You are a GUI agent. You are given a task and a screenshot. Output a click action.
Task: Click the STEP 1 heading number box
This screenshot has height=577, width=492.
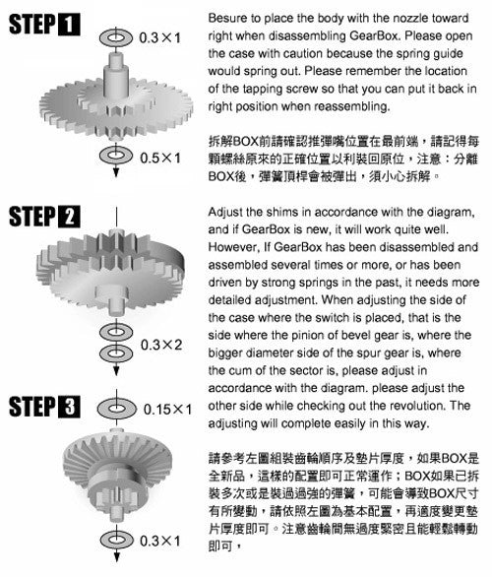[70, 25]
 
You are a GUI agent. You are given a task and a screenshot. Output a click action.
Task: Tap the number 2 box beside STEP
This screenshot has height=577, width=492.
[70, 217]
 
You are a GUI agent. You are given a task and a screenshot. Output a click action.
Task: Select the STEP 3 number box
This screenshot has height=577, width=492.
[70, 407]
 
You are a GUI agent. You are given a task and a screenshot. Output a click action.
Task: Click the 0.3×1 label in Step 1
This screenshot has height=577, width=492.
[160, 37]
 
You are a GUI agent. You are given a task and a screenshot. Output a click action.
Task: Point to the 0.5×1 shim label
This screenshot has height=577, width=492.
[160, 159]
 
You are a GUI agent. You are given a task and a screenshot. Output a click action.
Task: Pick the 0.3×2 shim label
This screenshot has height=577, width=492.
[161, 345]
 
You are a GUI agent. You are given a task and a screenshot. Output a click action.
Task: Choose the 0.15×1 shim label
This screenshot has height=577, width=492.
[167, 410]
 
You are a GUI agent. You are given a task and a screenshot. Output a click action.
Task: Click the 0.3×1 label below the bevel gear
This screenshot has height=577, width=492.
[160, 541]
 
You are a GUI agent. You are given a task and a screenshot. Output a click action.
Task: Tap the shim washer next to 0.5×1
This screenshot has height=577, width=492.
[116, 155]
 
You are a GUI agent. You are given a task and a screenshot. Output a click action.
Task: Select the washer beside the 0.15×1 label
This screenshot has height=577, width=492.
[116, 409]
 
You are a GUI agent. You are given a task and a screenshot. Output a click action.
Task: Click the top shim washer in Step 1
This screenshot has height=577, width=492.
[116, 37]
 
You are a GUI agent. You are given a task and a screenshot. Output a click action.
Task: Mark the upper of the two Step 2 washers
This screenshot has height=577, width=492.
[116, 332]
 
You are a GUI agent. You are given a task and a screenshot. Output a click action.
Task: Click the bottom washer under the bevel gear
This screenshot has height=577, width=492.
[116, 540]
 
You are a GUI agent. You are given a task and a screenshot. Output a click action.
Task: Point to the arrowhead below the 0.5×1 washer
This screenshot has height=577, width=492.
[116, 172]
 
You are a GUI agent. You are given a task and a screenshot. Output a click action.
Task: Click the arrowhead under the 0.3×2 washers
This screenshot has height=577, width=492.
[116, 370]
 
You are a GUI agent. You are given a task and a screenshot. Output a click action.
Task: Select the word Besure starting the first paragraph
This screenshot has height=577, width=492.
[227, 18]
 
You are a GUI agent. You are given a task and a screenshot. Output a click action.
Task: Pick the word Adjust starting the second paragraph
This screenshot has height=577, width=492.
[225, 213]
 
